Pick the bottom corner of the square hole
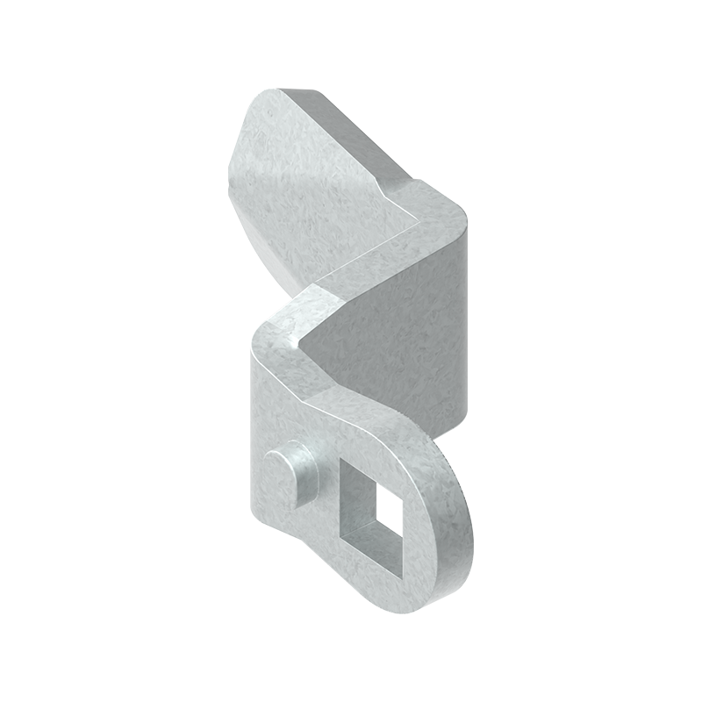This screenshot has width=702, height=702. click(x=399, y=578)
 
